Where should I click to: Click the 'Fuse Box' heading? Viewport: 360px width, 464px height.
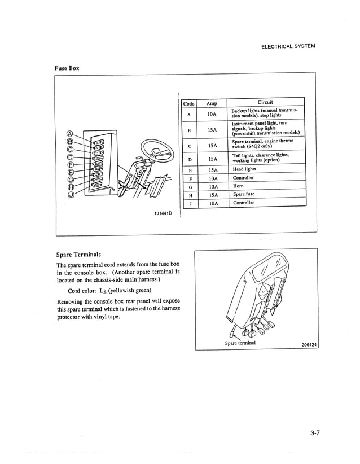(x=67, y=68)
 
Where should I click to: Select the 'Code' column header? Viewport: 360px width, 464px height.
(x=188, y=103)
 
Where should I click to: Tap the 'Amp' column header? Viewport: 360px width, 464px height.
(x=212, y=103)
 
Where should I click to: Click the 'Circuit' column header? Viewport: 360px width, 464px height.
(x=265, y=103)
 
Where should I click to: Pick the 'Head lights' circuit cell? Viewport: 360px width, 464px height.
(x=244, y=169)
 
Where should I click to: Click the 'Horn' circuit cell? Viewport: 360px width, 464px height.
(x=238, y=186)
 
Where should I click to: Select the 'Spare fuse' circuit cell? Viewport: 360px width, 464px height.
(x=244, y=194)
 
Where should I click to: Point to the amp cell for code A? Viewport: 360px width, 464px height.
(x=212, y=114)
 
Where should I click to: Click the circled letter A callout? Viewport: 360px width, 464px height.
(x=71, y=134)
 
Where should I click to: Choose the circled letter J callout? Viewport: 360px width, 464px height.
(x=71, y=195)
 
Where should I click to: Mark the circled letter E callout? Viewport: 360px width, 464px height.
(x=71, y=165)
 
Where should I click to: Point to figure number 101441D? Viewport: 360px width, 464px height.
(x=163, y=213)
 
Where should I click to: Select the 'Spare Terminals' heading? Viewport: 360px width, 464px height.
(x=79, y=255)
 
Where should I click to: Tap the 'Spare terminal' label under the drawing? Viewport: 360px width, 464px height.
(x=240, y=343)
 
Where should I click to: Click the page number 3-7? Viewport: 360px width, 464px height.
(x=315, y=434)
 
